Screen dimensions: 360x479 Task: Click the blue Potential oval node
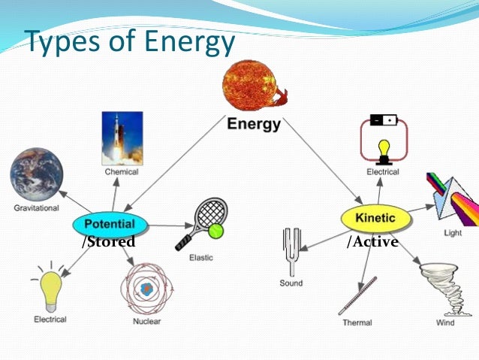coord(109,224)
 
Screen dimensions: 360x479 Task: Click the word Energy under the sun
coord(254,125)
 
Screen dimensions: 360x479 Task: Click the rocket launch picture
coord(122,138)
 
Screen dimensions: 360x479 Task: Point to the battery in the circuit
coord(382,120)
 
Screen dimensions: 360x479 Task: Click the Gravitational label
coord(36,208)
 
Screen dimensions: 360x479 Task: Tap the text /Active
coord(372,242)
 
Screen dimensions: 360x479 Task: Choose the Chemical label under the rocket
coord(121,171)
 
